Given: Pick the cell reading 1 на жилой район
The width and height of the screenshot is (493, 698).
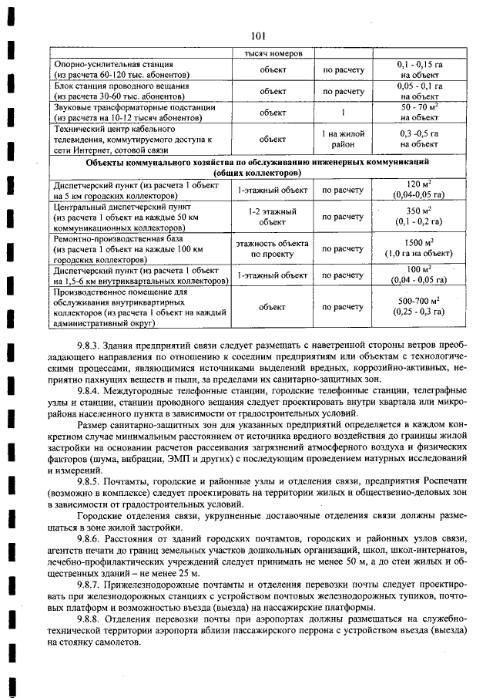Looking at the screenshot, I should [343, 140].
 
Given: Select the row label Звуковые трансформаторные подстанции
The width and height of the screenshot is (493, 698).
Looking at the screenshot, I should [123, 107].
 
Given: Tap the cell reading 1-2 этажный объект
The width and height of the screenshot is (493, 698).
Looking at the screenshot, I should [273, 217].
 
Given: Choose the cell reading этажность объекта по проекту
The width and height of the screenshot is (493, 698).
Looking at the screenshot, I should [273, 248].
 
